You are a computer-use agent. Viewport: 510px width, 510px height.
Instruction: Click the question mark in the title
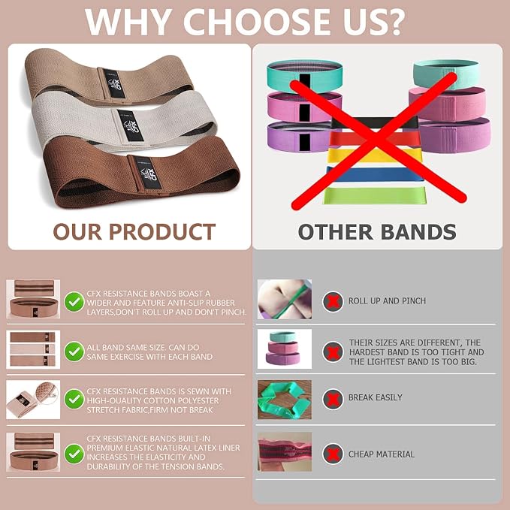(394, 22)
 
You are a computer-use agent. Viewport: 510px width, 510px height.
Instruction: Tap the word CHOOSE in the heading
(264, 22)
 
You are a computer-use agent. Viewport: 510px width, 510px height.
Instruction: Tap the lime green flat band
(375, 196)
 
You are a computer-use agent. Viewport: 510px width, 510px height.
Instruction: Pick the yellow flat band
(375, 156)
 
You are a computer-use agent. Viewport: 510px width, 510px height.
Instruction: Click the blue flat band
(375, 174)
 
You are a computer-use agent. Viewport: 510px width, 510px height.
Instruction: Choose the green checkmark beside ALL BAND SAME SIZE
(74, 352)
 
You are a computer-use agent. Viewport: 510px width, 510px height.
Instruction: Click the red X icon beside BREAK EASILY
(333, 399)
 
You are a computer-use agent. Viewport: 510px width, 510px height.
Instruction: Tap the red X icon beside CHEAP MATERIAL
(333, 454)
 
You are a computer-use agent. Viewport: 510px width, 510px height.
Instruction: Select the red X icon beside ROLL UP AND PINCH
(333, 301)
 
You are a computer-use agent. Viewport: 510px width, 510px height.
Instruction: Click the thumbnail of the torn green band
(285, 400)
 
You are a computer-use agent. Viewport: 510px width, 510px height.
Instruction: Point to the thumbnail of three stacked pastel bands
(285, 349)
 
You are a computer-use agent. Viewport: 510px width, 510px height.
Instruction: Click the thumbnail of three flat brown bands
(33, 350)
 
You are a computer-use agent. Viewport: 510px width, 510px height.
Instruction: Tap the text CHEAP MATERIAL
(382, 454)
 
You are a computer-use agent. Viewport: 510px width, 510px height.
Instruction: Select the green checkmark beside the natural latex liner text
(74, 454)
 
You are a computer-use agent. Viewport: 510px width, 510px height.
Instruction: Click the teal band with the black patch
(304, 75)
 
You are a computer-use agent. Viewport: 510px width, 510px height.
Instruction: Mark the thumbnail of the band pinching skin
(285, 299)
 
